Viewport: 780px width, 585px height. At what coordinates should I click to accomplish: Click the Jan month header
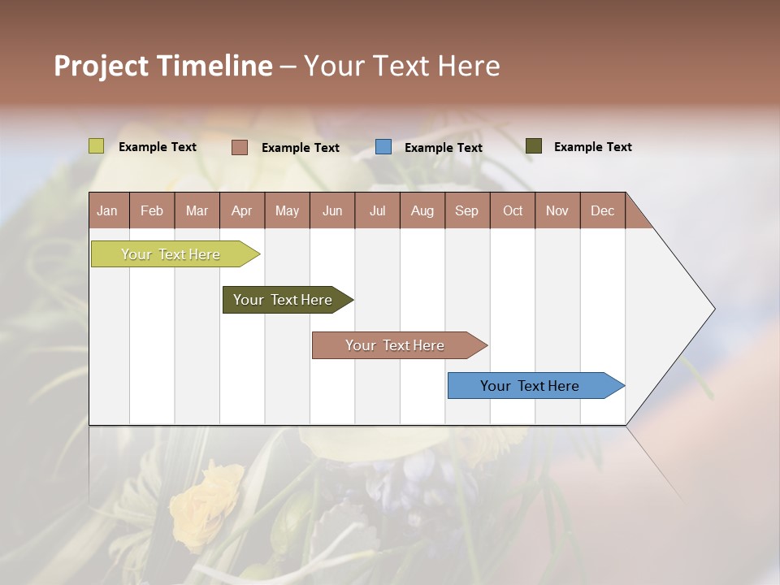[x=108, y=210]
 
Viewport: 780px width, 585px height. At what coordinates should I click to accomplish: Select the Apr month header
[x=242, y=210]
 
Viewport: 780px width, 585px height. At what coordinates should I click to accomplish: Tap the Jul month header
[x=377, y=210]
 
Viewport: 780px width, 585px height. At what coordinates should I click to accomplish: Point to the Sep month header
[x=467, y=210]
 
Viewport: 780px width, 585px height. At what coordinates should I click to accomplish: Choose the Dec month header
[x=602, y=210]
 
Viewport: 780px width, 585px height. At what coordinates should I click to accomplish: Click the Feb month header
[x=152, y=210]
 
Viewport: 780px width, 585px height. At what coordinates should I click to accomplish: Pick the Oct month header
[x=512, y=210]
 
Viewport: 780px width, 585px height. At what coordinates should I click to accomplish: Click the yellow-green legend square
[x=97, y=146]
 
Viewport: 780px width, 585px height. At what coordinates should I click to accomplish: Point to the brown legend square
[x=240, y=147]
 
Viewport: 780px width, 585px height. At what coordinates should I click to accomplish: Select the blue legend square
[x=383, y=147]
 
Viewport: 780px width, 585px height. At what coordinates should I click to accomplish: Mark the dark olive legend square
[x=534, y=146]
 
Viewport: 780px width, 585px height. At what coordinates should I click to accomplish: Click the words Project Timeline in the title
[x=163, y=66]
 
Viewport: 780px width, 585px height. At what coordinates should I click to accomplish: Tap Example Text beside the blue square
[x=444, y=148]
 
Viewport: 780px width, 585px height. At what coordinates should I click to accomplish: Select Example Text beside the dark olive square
[x=593, y=147]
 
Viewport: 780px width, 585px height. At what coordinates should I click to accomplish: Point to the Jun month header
[x=332, y=210]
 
